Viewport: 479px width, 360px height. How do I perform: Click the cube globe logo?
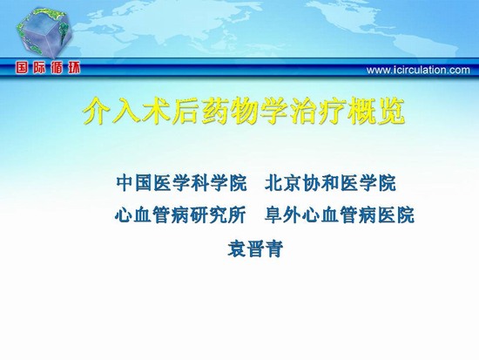[x=44, y=33]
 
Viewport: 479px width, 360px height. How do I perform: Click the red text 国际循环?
[x=48, y=68]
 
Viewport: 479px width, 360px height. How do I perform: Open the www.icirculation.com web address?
[x=418, y=71]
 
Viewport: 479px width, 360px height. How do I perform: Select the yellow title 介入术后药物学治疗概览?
[x=244, y=112]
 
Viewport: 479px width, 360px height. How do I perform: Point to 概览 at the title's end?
[x=376, y=112]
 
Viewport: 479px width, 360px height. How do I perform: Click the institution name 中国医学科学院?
[x=181, y=183]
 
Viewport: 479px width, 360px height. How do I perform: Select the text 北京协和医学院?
[x=330, y=183]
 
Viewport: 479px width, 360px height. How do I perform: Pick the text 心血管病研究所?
[x=180, y=215]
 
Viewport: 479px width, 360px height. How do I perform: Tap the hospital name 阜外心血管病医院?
[x=340, y=215]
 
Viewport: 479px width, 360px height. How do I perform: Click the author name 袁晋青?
[x=255, y=248]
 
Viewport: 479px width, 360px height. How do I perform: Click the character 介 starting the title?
[x=97, y=112]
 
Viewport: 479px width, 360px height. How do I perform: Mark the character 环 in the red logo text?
[x=73, y=68]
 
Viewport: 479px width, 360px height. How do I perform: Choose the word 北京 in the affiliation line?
[x=284, y=183]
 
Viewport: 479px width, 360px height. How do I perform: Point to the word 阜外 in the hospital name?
[x=283, y=215]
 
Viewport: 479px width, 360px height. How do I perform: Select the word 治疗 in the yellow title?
[x=317, y=112]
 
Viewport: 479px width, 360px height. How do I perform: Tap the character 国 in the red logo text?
[x=23, y=68]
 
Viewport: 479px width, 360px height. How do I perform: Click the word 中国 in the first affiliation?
[x=135, y=183]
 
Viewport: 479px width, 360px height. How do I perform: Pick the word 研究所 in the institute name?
[x=218, y=215]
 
